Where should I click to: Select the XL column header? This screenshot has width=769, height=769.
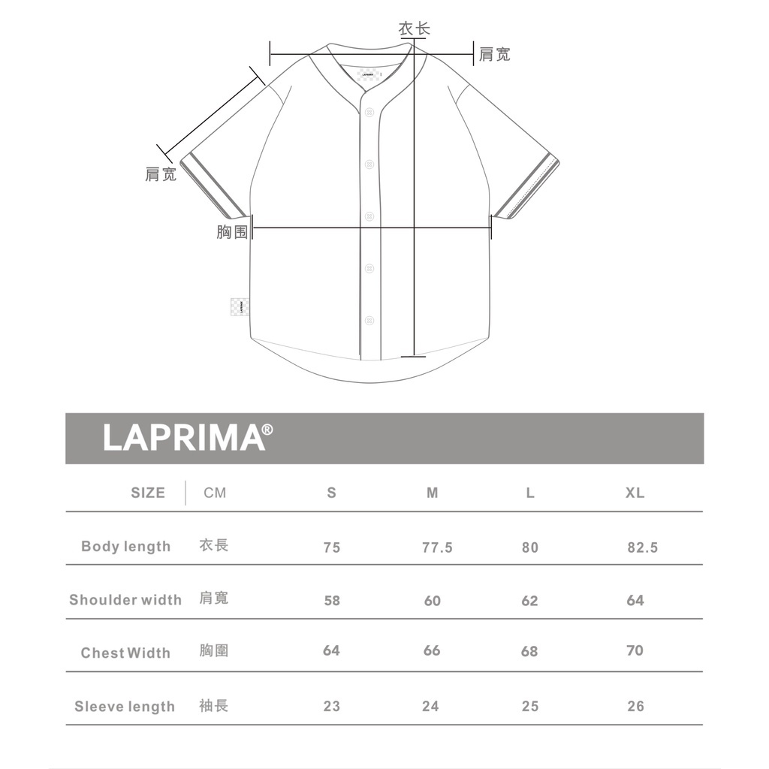coord(635,493)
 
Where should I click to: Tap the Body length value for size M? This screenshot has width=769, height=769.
coord(437,547)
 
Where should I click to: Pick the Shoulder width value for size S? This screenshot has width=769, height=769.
coord(332,600)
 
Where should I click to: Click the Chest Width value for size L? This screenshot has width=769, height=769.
coord(529,651)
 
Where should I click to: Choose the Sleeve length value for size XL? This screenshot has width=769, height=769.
coord(635,706)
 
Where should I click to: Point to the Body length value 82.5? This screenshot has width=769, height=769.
coord(643,547)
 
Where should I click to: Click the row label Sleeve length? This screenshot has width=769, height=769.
coord(125,706)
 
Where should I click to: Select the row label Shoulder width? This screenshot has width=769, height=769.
coord(125,600)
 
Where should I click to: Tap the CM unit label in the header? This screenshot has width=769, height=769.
coord(215,493)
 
